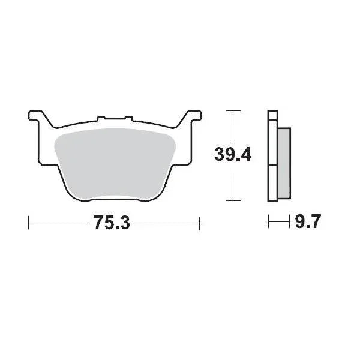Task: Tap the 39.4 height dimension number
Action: click(233, 155)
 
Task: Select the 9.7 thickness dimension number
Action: click(308, 223)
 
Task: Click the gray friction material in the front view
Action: click(114, 162)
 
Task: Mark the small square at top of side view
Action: click(273, 115)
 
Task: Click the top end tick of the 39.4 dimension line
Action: click(232, 111)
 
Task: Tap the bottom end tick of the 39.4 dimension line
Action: click(232, 201)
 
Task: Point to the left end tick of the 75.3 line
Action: click(29, 223)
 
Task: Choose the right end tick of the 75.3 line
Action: click(199, 223)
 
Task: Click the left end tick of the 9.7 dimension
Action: click(269, 223)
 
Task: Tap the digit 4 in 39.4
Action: click(245, 155)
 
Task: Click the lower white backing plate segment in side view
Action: click(273, 183)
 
